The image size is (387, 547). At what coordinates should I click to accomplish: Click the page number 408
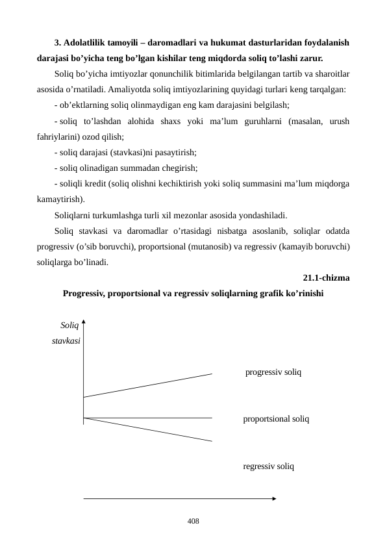pos(193,521)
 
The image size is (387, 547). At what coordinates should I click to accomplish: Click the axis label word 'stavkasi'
pos(66,340)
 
